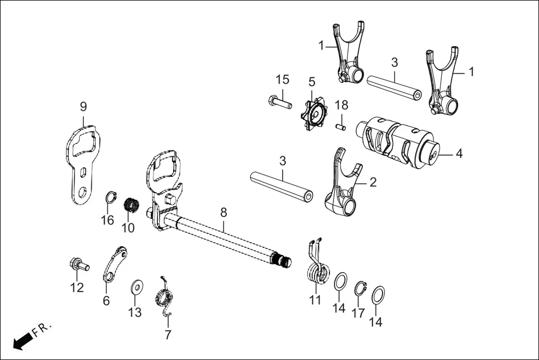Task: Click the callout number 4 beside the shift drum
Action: tap(459, 152)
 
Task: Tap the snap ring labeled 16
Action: tap(111, 198)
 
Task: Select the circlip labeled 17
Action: tap(361, 289)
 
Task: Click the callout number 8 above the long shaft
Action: tap(223, 212)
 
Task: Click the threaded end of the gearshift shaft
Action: tap(283, 260)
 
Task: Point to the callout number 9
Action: tap(83, 106)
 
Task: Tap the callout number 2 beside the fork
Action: tap(373, 181)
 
